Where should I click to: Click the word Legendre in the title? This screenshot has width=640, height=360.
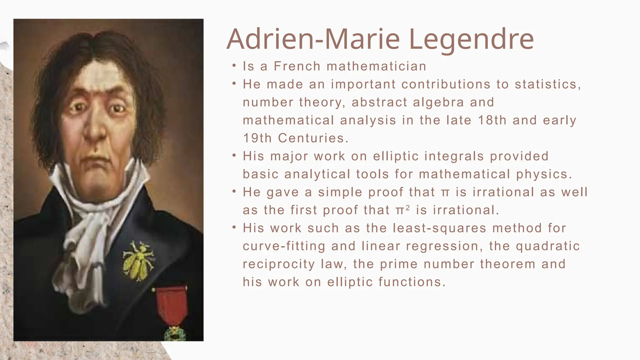click(471, 40)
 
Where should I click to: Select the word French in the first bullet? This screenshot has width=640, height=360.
click(297, 66)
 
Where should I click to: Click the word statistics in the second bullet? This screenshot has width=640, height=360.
click(547, 84)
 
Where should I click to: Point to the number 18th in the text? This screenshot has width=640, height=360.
click(492, 120)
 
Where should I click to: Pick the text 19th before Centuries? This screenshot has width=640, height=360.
click(257, 138)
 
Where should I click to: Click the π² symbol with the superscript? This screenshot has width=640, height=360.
click(402, 210)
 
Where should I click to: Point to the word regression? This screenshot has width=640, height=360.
click(442, 246)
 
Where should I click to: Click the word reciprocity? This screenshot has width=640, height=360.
click(279, 264)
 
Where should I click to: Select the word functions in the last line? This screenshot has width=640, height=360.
click(412, 282)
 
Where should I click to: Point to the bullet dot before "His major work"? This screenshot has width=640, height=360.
click(234, 155)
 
